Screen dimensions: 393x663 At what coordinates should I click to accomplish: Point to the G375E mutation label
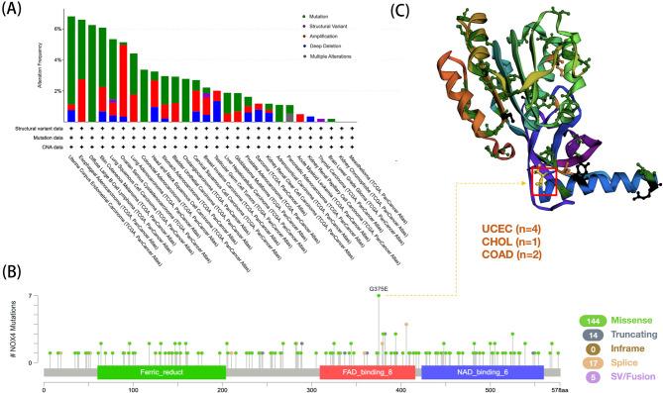[379, 288]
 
